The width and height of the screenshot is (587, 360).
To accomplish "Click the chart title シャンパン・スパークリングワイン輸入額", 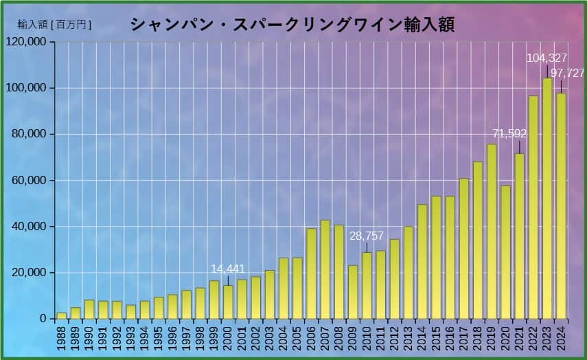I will click(292, 25).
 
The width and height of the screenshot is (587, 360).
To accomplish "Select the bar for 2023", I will click(547, 199).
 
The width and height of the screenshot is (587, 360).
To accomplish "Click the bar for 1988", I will click(62, 316).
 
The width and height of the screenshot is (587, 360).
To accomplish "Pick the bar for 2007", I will click(325, 269).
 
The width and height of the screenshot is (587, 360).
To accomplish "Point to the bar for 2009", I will click(353, 292).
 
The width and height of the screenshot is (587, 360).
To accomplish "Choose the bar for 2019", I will click(492, 232).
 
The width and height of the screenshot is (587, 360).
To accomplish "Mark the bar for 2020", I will click(506, 252).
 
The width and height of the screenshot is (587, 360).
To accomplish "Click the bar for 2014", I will click(422, 262).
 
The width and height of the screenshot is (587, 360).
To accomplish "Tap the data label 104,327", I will click(546, 58).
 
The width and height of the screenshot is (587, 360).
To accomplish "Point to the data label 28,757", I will click(367, 236).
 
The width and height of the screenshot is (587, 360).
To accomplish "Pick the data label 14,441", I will click(228, 269).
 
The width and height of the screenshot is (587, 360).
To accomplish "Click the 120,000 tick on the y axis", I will click(26, 42).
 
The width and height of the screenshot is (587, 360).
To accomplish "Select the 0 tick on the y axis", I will click(43, 319).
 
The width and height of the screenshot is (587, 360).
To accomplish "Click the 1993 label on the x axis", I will click(131, 339).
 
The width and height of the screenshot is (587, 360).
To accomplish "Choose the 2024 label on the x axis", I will click(562, 339).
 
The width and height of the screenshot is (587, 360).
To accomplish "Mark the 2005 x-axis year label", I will click(297, 339).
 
